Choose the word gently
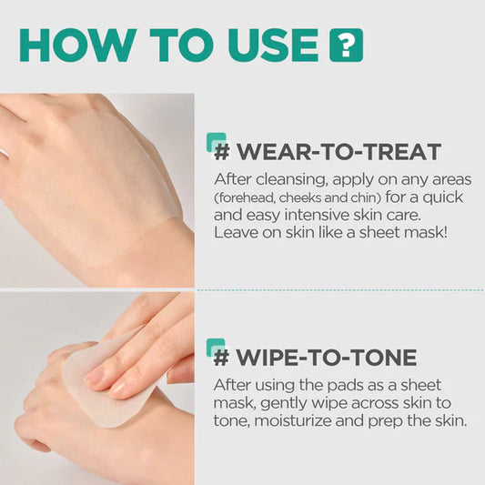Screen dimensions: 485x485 click(283, 402)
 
